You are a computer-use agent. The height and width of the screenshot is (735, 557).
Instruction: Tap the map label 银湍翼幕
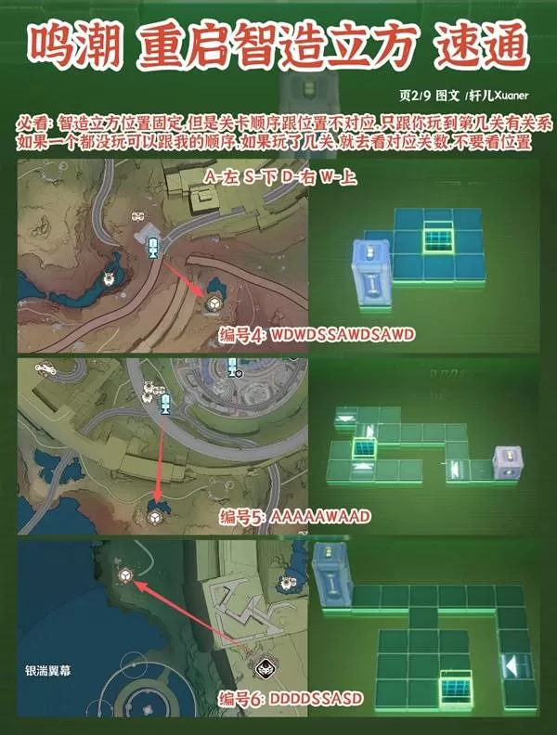click(44, 670)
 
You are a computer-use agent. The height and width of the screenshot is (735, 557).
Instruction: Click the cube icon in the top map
click(213, 303)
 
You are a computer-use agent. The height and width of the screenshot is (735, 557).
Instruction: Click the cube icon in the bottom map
click(124, 576)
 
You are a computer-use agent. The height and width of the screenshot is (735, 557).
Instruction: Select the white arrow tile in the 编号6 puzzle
click(515, 665)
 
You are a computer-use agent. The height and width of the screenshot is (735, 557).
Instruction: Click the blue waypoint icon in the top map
click(153, 244)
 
